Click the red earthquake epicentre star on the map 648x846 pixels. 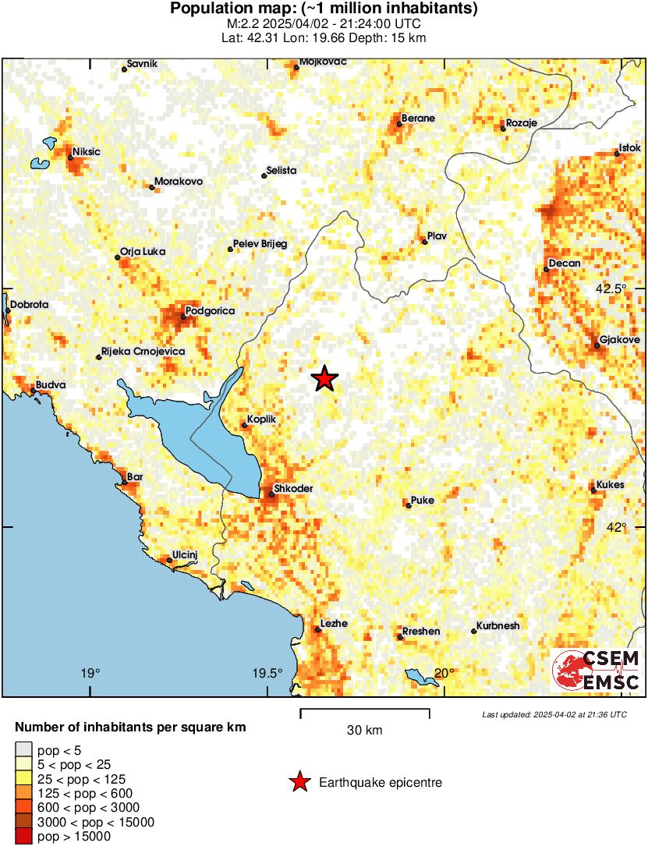tap(324, 379)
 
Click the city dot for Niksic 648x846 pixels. tap(70, 158)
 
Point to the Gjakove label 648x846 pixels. tap(620, 340)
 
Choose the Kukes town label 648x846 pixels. tap(611, 484)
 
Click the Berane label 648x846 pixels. tap(418, 119)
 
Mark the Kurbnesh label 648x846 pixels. tap(499, 626)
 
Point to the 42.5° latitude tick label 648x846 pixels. tap(611, 288)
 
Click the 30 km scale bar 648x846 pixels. tap(365, 710)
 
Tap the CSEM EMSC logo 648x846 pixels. tap(597, 671)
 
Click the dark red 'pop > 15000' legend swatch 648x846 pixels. tap(24, 837)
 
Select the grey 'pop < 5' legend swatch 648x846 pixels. tap(24, 751)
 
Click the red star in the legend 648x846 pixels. tap(299, 782)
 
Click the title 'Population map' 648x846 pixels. tap(324, 9)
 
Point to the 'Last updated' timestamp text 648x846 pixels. tap(554, 714)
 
